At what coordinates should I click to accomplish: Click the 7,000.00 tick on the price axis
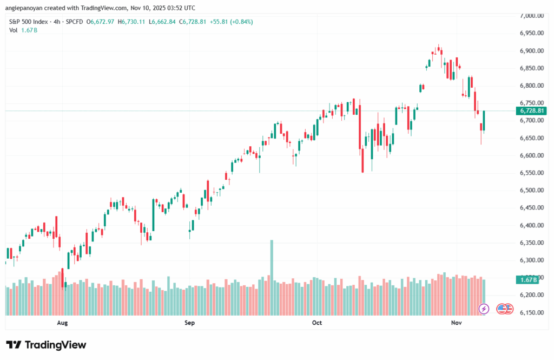pos(531,16)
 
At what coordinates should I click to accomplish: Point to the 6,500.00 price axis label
pos(531,191)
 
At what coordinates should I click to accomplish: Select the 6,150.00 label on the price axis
pos(531,313)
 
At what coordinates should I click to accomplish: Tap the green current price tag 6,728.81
pos(532,111)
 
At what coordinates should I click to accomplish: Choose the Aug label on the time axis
pos(62,323)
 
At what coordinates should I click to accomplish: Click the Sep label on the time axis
pos(189,323)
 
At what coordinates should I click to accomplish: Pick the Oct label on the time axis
pos(317,323)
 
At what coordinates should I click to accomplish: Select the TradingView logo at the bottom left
pos(46,345)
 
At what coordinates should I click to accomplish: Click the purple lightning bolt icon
pos(484,309)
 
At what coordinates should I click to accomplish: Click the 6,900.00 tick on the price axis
pos(531,51)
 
